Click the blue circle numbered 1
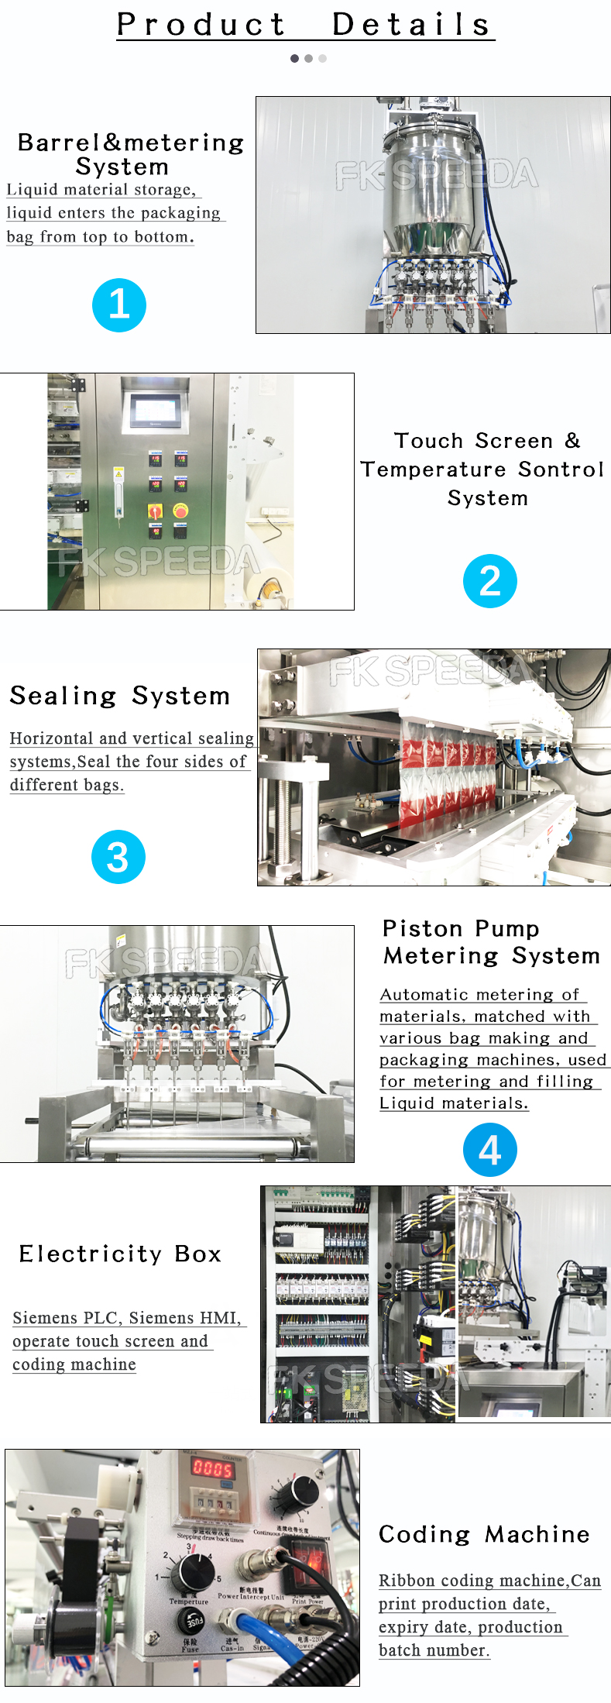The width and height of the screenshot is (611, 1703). (x=119, y=305)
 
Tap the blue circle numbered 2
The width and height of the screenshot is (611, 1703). (x=489, y=581)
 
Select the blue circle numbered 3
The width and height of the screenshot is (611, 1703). (x=118, y=857)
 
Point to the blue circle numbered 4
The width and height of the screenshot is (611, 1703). (x=489, y=1150)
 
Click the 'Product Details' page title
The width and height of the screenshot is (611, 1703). (x=305, y=25)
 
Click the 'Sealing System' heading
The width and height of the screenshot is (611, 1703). (x=120, y=696)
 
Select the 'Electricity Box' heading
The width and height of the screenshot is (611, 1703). (x=120, y=1254)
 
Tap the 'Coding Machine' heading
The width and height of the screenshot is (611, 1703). (x=484, y=1534)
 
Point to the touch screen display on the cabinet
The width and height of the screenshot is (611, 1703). (x=159, y=410)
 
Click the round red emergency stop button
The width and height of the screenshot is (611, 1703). (x=180, y=511)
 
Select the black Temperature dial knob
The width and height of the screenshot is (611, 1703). (x=192, y=1571)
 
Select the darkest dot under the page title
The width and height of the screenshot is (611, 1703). (x=294, y=58)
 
